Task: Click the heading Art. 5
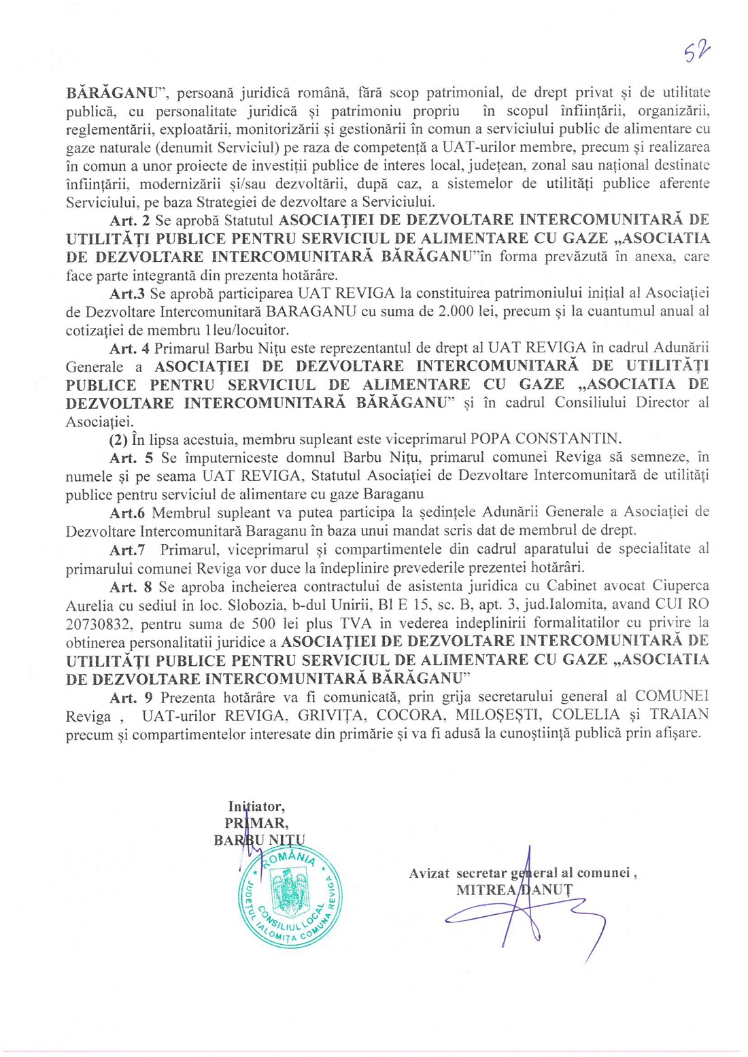point(131,458)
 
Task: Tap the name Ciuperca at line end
point(681,586)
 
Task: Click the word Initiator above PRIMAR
point(256,807)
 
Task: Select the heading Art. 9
point(131,697)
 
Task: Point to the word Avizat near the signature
point(430,873)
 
